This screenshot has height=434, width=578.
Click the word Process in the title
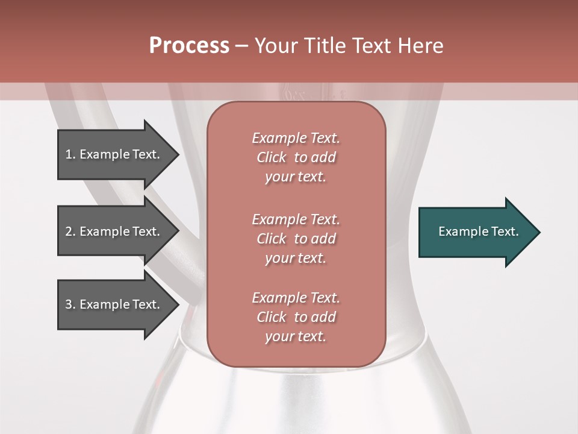189,46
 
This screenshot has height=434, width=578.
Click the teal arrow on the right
478,231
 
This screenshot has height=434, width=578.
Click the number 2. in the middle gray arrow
70,231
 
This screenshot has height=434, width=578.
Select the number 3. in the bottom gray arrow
70,304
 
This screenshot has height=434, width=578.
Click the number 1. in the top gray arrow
70,154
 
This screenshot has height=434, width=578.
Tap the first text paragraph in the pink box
296,157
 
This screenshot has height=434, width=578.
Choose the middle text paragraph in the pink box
296,238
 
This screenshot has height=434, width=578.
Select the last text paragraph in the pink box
296,317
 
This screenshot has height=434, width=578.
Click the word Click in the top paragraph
272,157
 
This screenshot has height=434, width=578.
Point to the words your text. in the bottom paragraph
296,337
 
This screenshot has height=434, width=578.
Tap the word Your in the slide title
274,46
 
